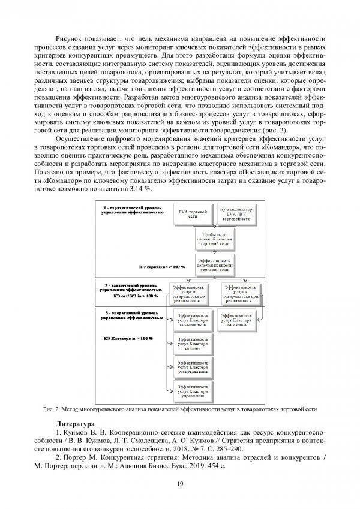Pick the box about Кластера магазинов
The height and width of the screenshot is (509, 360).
coord(236,321)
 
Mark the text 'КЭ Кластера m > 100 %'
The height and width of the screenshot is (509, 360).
coord(128,338)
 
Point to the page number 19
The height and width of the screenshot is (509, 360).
coord(179,485)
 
